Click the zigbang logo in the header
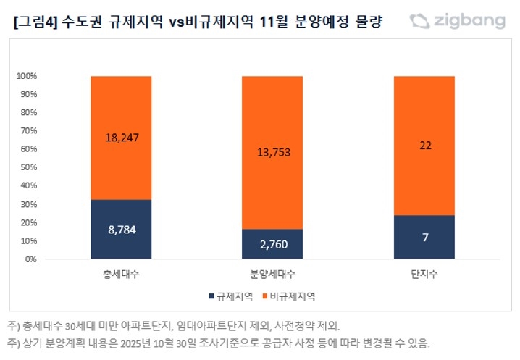(457, 21)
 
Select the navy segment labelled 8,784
(121, 229)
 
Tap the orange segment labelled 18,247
(121, 138)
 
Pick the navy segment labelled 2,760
(272, 244)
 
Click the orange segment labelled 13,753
(272, 152)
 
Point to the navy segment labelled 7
(424, 237)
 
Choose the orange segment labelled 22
(424, 146)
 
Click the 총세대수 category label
(121, 275)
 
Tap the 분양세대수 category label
(272, 275)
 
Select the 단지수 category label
(424, 275)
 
